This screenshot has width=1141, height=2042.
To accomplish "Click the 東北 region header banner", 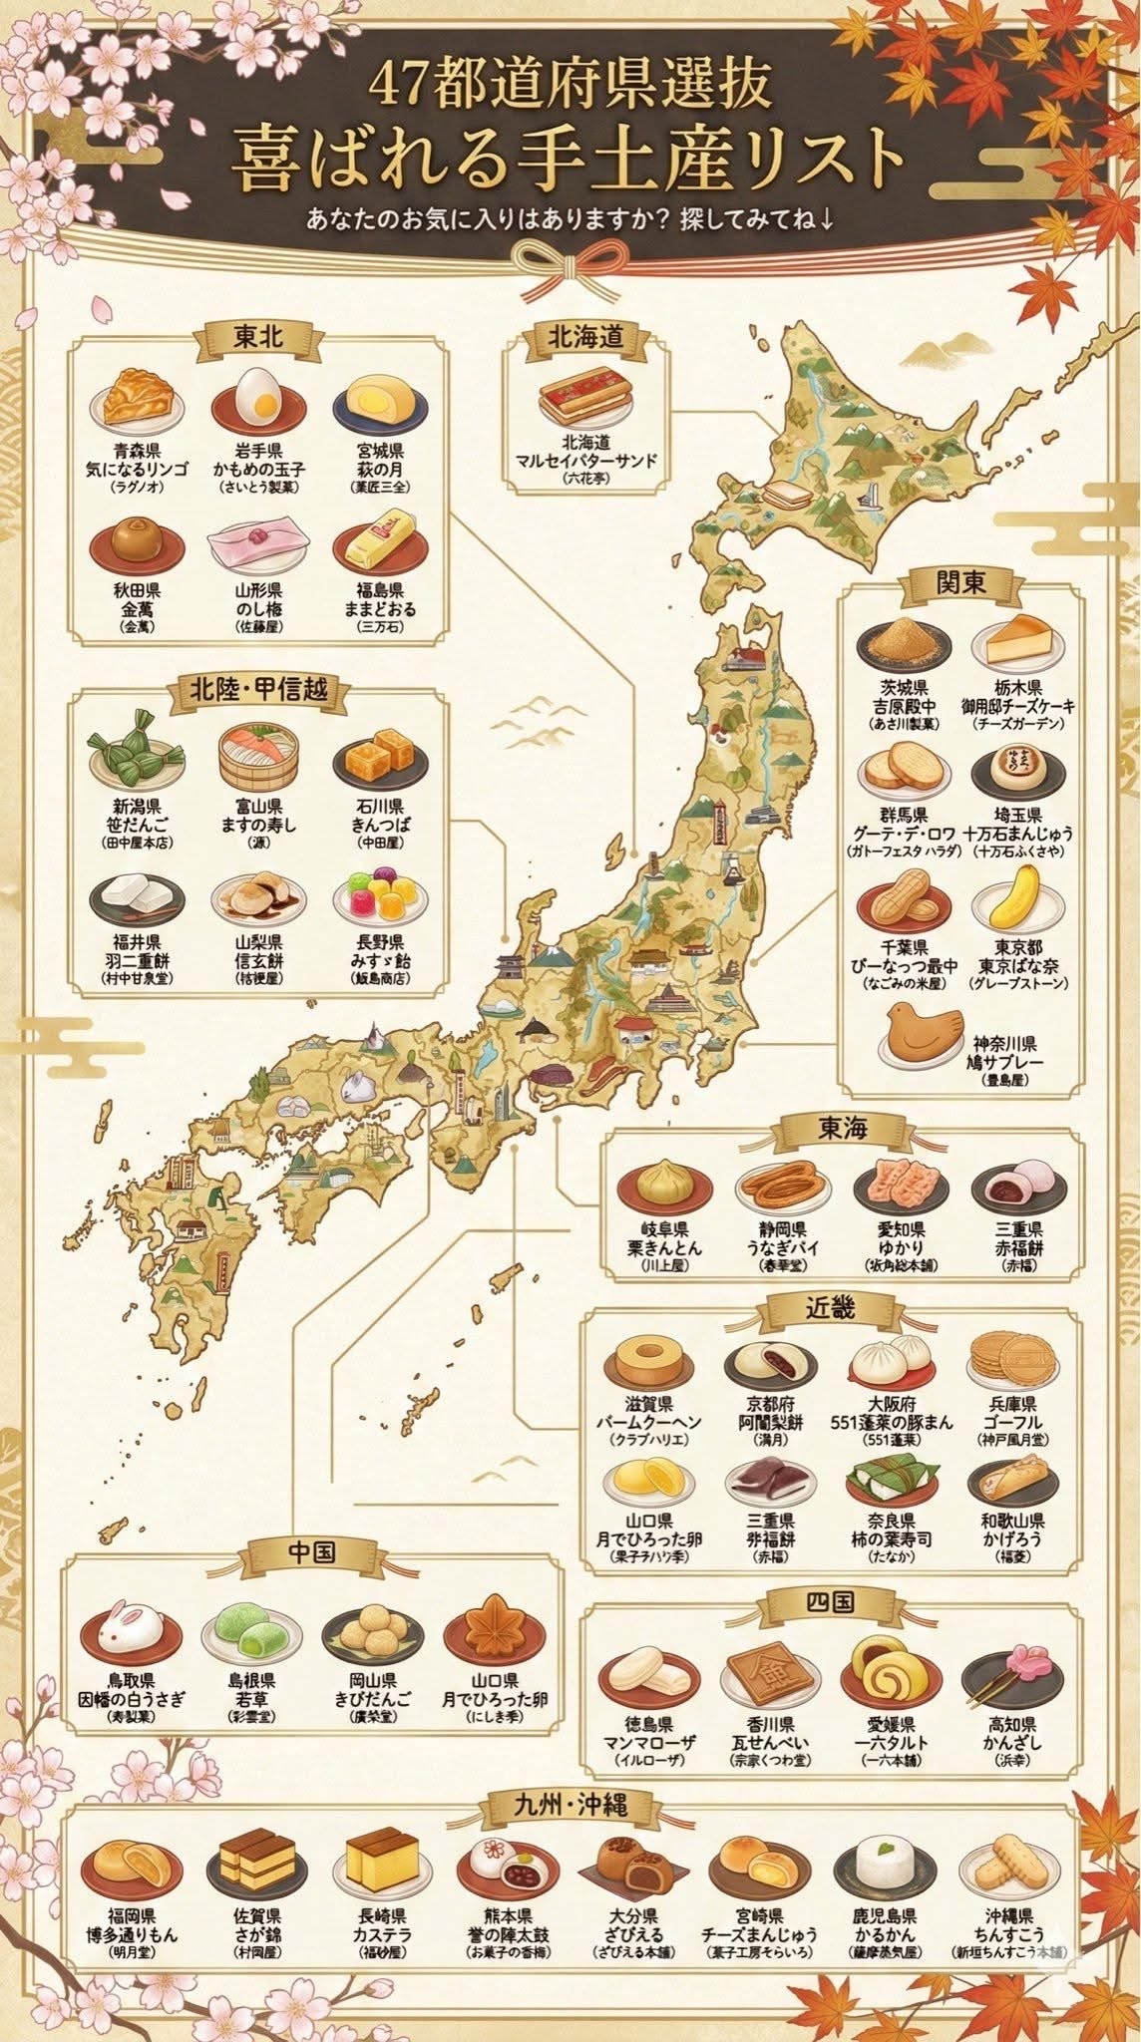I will point(258,337).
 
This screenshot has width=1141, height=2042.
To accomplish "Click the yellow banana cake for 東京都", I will point(1018,894).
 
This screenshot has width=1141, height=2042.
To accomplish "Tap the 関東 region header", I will point(960,582).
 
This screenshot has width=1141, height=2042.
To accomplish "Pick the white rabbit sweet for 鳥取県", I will point(132,1634).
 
